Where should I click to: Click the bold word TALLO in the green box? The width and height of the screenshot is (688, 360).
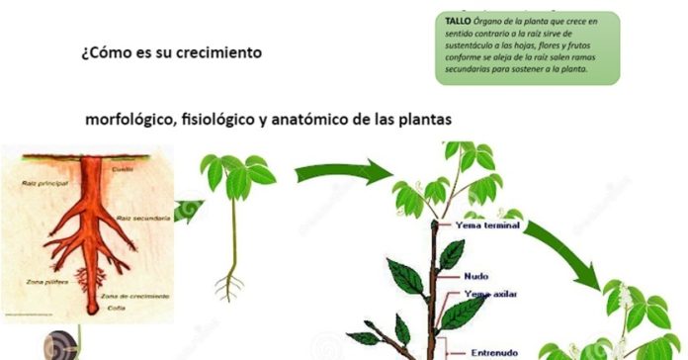point(459,20)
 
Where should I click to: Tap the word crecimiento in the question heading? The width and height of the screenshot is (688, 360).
point(216,52)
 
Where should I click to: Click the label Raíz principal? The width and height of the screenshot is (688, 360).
point(43,183)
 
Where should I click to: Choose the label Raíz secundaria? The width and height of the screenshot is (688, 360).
point(144,215)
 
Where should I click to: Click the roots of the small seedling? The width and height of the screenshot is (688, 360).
point(229,286)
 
